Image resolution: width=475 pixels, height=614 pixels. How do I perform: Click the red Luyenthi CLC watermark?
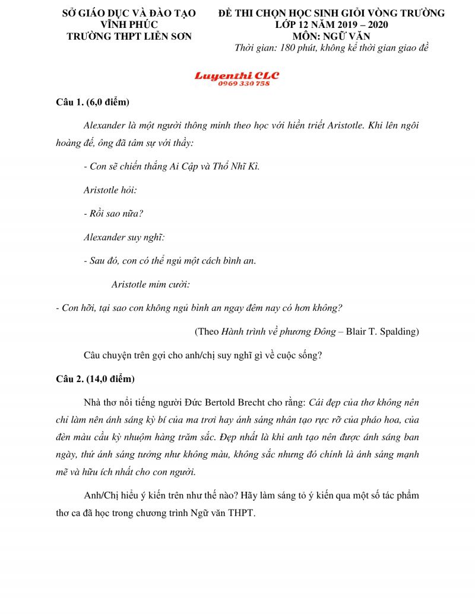point(237,76)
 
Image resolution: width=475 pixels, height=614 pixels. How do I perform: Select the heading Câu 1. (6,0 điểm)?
point(89,103)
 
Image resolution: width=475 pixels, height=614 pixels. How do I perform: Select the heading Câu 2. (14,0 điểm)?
point(91,379)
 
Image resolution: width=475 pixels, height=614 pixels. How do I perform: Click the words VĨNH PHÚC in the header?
point(129,24)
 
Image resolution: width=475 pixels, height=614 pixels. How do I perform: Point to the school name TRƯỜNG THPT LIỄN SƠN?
point(129,36)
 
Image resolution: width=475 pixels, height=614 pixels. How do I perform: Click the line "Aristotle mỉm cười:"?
point(151,284)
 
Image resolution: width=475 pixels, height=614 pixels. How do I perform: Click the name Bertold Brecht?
point(242,403)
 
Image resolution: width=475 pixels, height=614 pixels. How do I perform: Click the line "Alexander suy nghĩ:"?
point(124,237)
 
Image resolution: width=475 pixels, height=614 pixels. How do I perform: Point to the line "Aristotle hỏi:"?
point(110,190)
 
